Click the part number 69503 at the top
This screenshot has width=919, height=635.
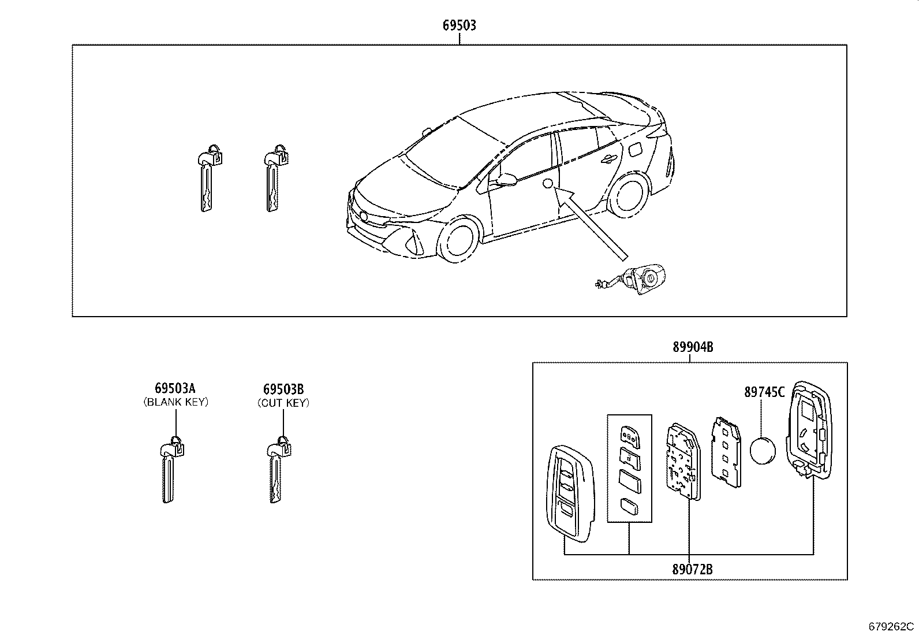pyautogui.click(x=459, y=25)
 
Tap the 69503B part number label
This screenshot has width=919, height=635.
pyautogui.click(x=283, y=388)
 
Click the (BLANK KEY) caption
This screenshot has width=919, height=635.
pyautogui.click(x=175, y=402)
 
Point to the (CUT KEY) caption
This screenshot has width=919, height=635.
pyautogui.click(x=283, y=403)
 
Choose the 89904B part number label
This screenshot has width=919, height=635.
pyautogui.click(x=692, y=347)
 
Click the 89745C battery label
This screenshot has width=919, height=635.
pyautogui.click(x=764, y=392)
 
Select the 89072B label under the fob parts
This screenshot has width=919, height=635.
pyautogui.click(x=692, y=569)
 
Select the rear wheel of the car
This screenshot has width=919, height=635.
pyautogui.click(x=627, y=197)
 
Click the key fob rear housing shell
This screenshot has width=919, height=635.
pyautogui.click(x=808, y=430)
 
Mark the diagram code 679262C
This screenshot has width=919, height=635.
pyautogui.click(x=891, y=626)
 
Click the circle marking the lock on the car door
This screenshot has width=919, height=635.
pyautogui.click(x=548, y=184)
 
